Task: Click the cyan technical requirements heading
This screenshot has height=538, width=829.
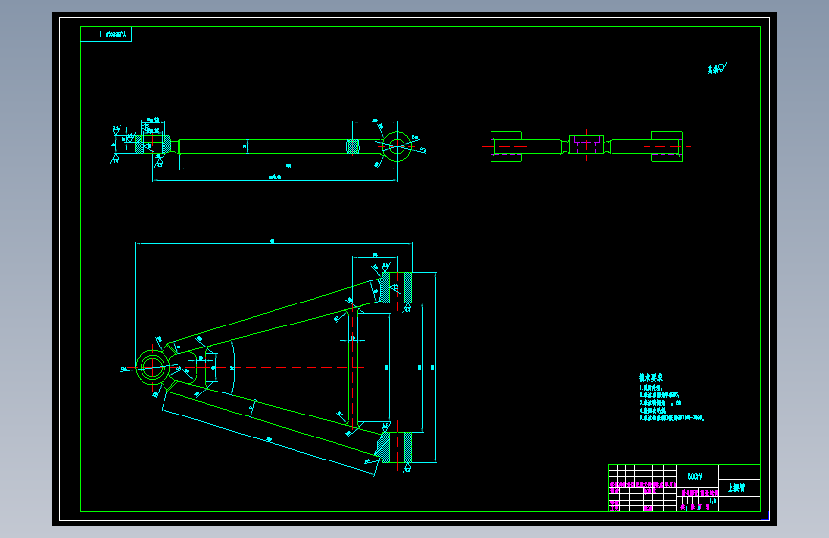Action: pos(652,379)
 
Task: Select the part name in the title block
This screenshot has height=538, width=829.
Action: pos(736,487)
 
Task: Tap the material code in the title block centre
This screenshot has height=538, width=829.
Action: pos(695,475)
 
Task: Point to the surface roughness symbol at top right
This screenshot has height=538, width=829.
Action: pos(717,68)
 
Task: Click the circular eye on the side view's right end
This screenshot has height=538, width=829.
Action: pos(397,146)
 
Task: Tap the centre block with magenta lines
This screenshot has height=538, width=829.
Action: pos(587,145)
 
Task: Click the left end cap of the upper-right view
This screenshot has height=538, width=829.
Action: pos(506,146)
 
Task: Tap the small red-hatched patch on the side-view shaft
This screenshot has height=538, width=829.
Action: pos(352,146)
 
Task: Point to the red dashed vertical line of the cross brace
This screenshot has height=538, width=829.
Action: pos(352,368)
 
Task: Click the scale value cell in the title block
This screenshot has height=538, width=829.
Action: pos(713,500)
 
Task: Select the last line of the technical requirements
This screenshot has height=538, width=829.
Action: pos(670,418)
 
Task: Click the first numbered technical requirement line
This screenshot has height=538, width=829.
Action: pos(651,388)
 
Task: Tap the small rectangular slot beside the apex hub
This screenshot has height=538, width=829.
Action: pos(212,368)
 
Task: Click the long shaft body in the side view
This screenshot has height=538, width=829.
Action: pos(263,146)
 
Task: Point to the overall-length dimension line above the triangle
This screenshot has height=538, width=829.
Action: pos(273,244)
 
